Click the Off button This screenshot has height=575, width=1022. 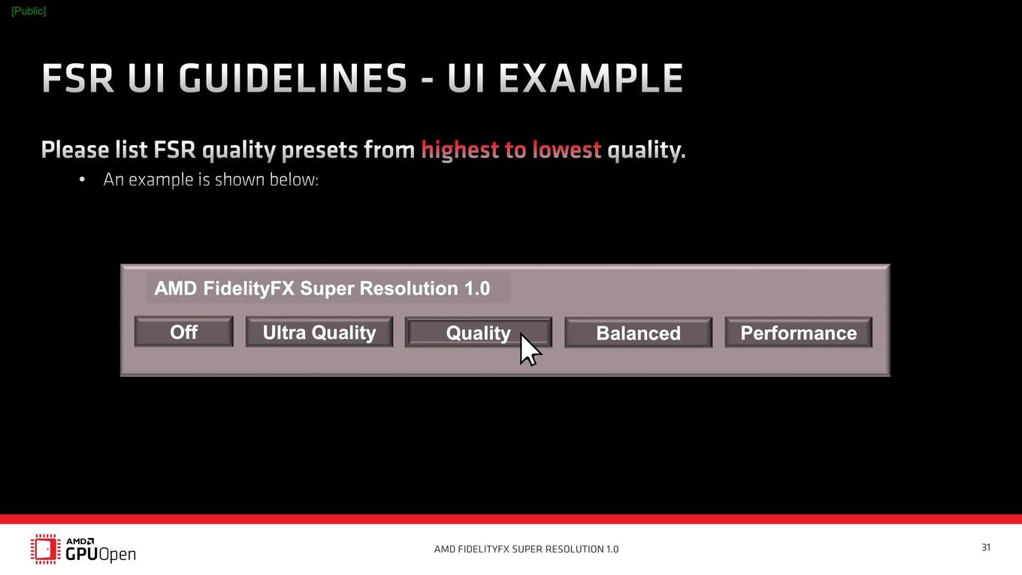click(x=184, y=331)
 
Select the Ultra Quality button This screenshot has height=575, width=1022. click(x=319, y=331)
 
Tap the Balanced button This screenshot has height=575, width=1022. click(x=638, y=333)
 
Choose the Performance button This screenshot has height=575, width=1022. click(x=798, y=333)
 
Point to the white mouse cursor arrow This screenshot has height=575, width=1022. click(x=529, y=349)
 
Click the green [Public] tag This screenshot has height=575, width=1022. click(x=29, y=11)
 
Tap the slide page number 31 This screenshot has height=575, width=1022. click(x=986, y=547)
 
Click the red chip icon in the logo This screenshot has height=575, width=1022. click(x=46, y=549)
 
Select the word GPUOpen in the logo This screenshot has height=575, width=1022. click(x=101, y=554)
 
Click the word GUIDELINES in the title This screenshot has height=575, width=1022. click(x=292, y=78)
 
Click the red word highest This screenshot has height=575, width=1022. click(x=460, y=150)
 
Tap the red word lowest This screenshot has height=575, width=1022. click(x=567, y=150)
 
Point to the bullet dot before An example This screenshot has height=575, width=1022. click(x=82, y=180)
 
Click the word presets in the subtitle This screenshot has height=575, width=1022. click(x=320, y=150)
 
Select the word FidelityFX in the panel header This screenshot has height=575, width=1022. click(x=249, y=289)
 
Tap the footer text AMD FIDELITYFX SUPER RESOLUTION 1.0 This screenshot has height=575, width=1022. click(x=526, y=549)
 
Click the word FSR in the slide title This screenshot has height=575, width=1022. click(x=77, y=78)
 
